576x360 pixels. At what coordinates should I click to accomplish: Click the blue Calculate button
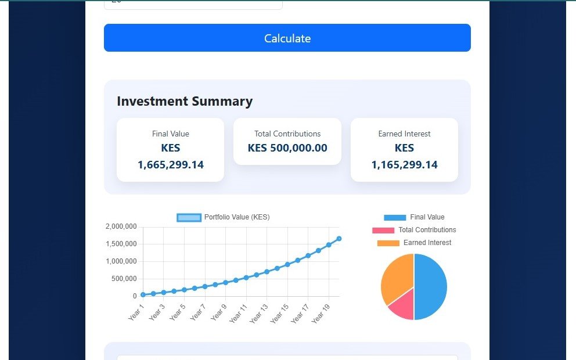coord(287,38)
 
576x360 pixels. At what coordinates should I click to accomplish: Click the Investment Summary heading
coord(185,102)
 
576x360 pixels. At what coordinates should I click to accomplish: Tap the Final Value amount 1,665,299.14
coord(171,165)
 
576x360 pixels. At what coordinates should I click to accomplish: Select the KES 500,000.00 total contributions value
coord(287,148)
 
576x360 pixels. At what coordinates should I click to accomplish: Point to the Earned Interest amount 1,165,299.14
coord(405,165)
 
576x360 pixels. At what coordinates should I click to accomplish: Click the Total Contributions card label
coord(287,134)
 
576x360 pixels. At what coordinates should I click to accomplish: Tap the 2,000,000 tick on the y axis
coord(121,226)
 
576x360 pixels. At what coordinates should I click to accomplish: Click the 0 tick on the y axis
coord(134,296)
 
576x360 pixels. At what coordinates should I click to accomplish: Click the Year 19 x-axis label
coord(321,314)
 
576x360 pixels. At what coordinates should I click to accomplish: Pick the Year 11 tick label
coord(239,314)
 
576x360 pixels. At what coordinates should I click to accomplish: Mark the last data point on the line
coord(339,239)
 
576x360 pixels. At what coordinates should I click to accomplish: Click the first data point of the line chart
coord(143,295)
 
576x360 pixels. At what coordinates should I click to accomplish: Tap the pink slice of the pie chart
coord(402,306)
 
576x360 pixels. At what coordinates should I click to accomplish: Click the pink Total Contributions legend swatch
coord(383,231)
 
